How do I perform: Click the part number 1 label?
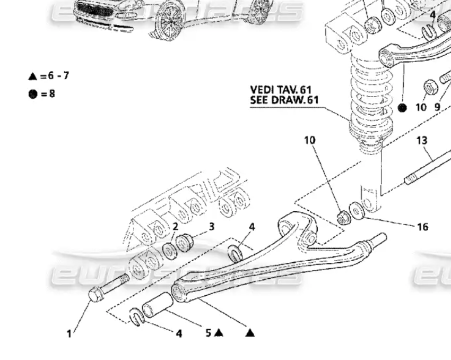[69, 334]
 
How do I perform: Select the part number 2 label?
[175, 227]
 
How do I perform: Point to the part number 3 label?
[211, 227]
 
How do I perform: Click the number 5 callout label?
[209, 333]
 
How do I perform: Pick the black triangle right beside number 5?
[219, 333]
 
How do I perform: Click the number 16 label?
[422, 227]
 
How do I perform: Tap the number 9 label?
[437, 107]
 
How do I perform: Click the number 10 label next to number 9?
[421, 107]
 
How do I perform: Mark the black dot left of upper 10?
[402, 107]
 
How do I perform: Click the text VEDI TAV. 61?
[281, 90]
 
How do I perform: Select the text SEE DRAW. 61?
[284, 99]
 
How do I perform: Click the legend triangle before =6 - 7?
[32, 76]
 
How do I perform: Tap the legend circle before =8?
[33, 95]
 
